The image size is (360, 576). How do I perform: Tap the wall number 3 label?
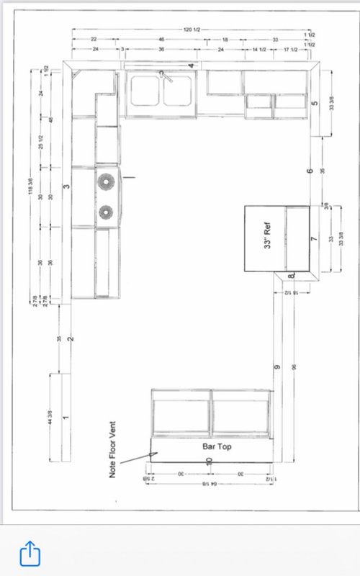tap(66, 186)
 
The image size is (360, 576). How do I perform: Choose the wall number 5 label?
tap(315, 103)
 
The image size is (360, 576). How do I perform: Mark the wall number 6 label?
tap(309, 171)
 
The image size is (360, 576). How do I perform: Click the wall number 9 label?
tap(276, 368)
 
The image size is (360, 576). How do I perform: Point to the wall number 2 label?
tap(70, 338)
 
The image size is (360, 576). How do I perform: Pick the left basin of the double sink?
tap(144, 92)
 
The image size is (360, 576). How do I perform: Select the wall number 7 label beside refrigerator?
tap(314, 238)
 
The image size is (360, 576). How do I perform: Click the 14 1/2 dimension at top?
tap(259, 49)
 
